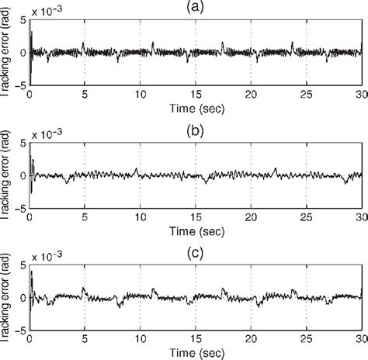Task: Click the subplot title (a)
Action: point(196,6)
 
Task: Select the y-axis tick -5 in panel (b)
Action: point(21,206)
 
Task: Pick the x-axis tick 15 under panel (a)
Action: point(196,95)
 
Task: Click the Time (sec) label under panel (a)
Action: point(196,108)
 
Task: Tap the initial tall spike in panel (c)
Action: point(31,275)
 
